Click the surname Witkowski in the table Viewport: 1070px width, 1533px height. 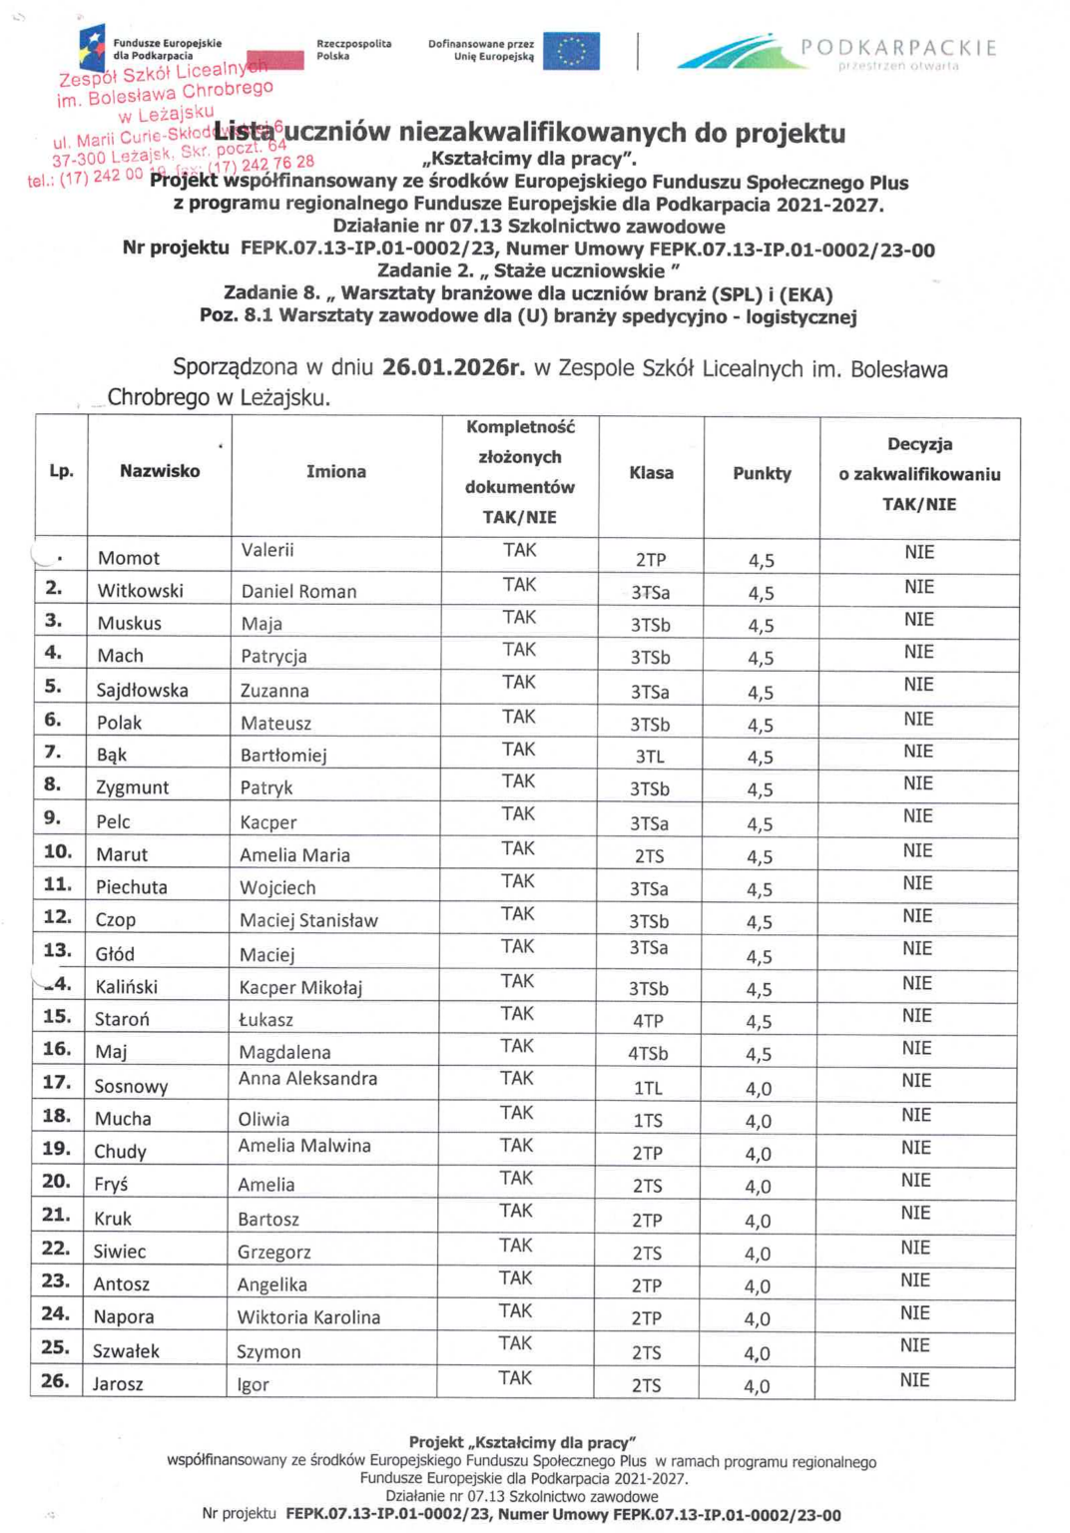(140, 591)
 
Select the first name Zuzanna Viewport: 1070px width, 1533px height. (274, 691)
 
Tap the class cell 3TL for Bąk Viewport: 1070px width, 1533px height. (650, 757)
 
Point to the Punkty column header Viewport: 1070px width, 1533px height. (762, 473)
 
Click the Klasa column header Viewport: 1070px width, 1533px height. (651, 473)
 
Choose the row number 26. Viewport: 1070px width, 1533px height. (55, 1381)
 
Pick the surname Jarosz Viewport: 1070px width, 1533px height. (118, 1384)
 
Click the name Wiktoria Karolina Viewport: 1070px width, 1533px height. (308, 1317)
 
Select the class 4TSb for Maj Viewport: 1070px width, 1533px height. (648, 1054)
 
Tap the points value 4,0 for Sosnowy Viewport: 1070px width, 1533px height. (759, 1089)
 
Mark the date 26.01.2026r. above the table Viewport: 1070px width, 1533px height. (453, 367)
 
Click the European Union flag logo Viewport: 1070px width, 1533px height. (571, 51)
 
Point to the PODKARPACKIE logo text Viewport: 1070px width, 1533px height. (898, 48)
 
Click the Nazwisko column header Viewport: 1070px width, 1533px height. (160, 471)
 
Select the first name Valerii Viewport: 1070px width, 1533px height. (267, 550)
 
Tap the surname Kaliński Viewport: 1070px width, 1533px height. (127, 987)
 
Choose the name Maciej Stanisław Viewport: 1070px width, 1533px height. (308, 920)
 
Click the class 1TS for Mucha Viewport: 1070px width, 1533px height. (648, 1121)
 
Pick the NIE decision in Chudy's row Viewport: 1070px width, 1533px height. (915, 1148)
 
